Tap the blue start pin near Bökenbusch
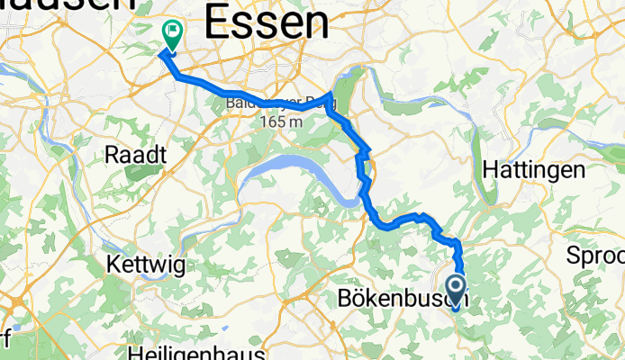tap(455, 291)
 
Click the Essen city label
tap(266, 22)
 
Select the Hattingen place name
tap(534, 168)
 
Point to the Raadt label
tap(136, 155)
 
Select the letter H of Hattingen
tap(490, 168)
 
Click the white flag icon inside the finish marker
tap(170, 31)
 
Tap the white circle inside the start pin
tap(455, 287)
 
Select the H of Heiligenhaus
tap(136, 350)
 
